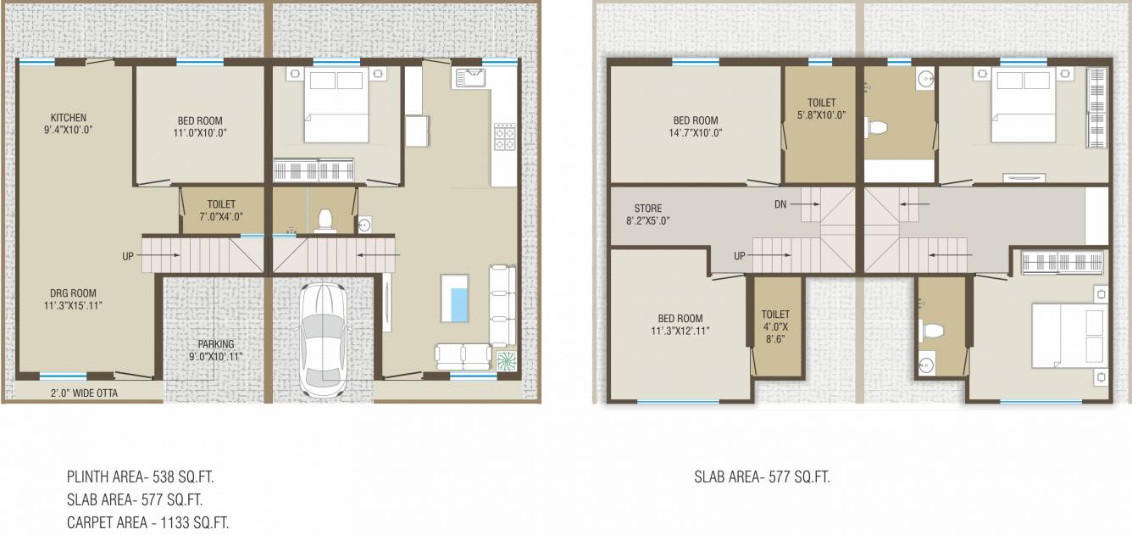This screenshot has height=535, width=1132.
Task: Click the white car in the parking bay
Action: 323,337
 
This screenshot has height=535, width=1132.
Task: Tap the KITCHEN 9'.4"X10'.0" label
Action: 68,124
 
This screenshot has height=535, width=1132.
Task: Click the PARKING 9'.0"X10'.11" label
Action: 216,351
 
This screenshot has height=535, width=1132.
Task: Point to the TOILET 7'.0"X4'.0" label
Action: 221,210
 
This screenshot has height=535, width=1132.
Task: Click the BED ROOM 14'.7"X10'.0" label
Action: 695,126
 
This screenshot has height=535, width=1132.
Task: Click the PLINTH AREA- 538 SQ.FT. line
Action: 146,477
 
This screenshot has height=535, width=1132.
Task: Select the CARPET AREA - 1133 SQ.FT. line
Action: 147,522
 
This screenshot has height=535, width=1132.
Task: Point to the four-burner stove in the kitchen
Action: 504,137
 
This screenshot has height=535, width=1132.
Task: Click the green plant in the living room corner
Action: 506,360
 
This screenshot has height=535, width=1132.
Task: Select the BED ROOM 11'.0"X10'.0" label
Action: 200,126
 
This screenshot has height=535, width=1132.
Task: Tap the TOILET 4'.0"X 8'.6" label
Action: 774,326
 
